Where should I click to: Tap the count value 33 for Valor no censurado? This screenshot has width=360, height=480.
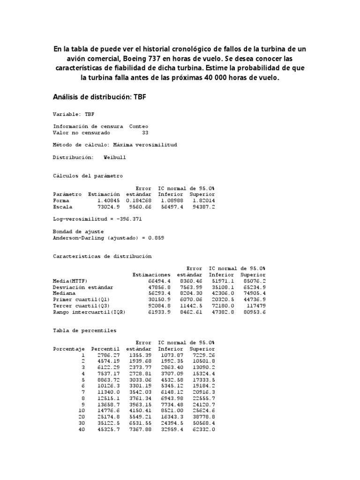tap(145, 133)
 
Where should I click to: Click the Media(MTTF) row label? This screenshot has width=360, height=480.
tap(70, 280)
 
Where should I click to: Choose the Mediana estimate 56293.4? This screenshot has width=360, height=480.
tap(158, 292)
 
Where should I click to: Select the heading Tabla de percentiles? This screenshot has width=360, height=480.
tap(85, 330)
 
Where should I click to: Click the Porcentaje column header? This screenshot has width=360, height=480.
tap(69, 349)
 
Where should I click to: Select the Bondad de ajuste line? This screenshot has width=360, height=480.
tap(78, 231)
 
